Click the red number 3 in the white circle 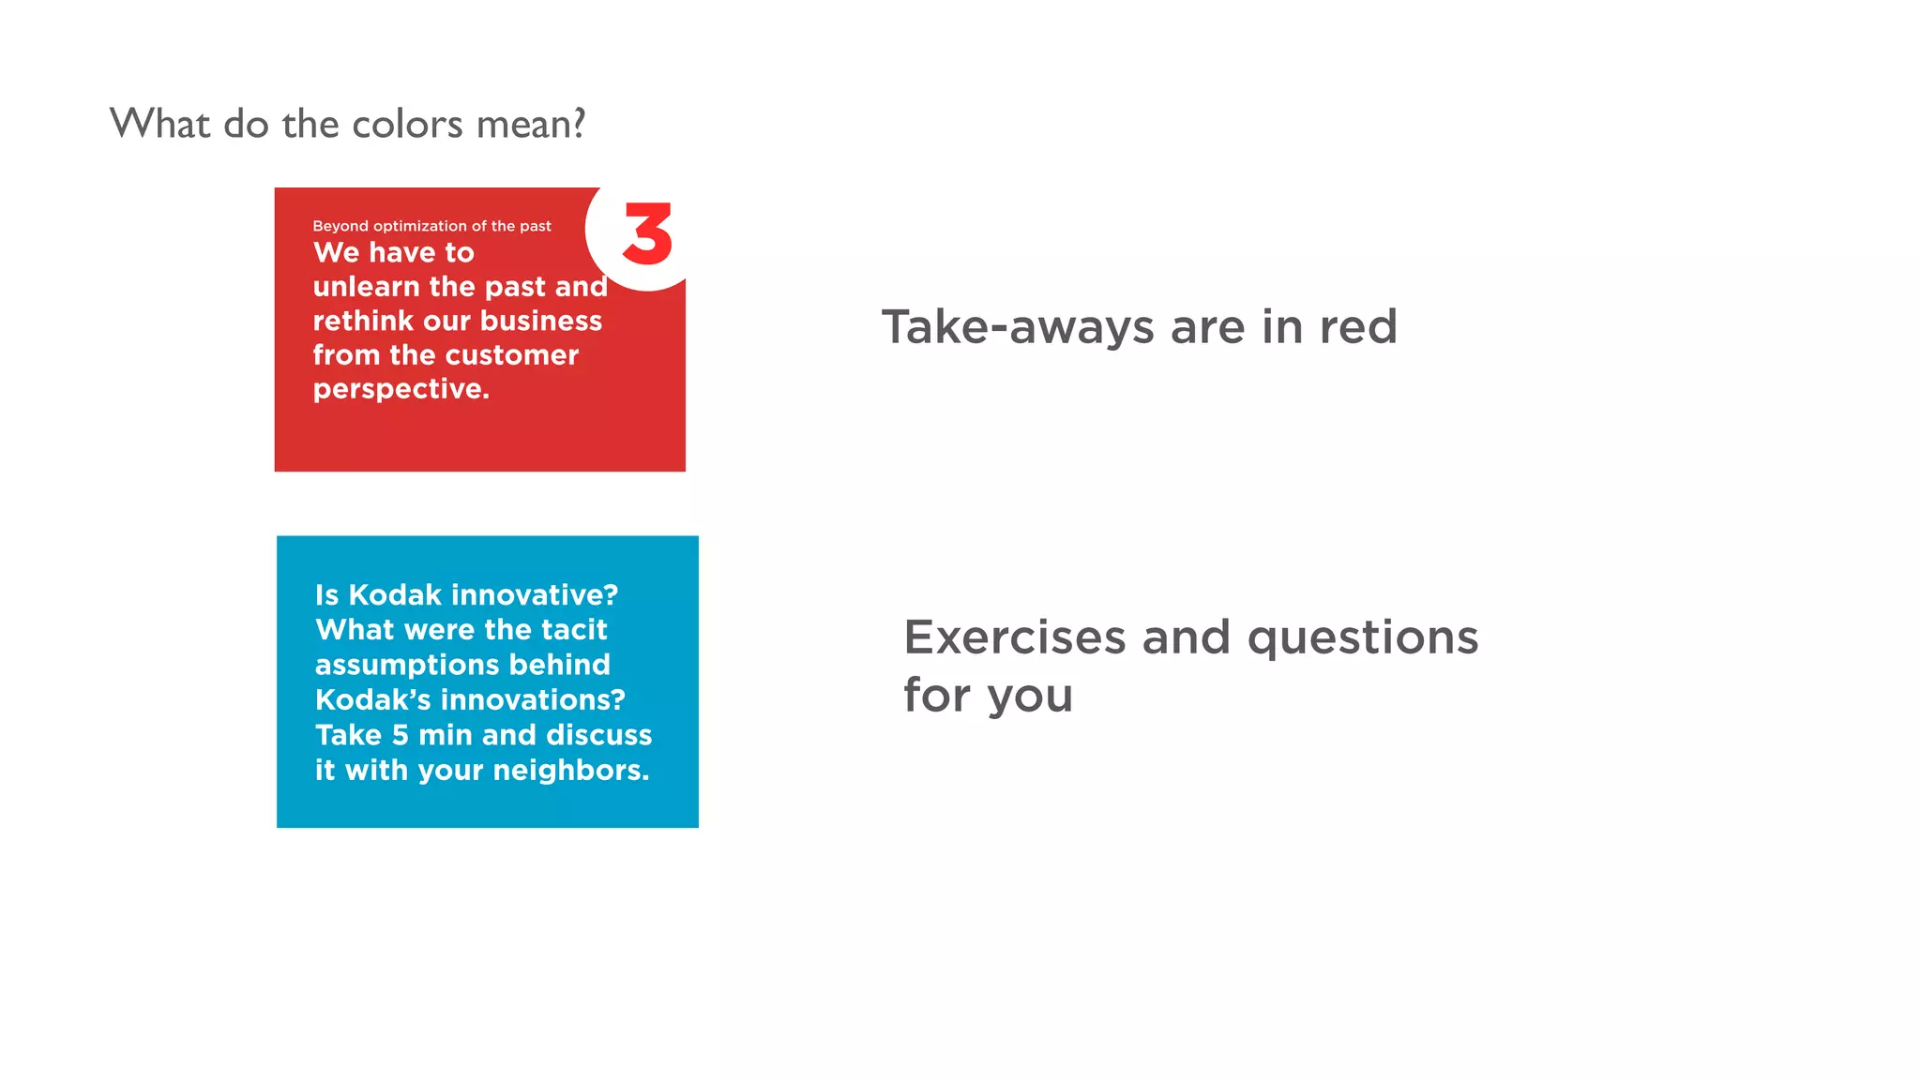pyautogui.click(x=647, y=234)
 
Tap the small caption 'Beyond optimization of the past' pyautogui.click(x=431, y=226)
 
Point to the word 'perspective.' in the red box pyautogui.click(x=401, y=389)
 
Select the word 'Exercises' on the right pyautogui.click(x=1014, y=638)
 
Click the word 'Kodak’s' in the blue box pyautogui.click(x=372, y=700)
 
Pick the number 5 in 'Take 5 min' pyautogui.click(x=401, y=735)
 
